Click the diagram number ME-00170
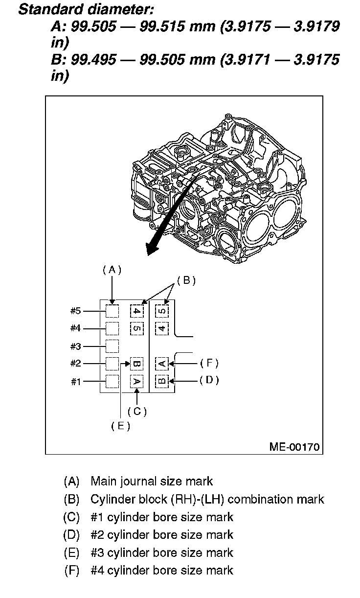294,446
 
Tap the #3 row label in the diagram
75,346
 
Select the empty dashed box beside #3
112,346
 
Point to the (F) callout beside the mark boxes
209,363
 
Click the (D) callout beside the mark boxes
209,380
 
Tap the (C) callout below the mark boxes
137,412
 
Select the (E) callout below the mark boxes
120,426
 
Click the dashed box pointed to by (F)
162,364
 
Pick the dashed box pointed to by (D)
162,381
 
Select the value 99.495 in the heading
94,60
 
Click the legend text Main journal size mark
152,482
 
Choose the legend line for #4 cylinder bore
162,570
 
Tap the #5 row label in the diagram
75,311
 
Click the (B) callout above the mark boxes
186,280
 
